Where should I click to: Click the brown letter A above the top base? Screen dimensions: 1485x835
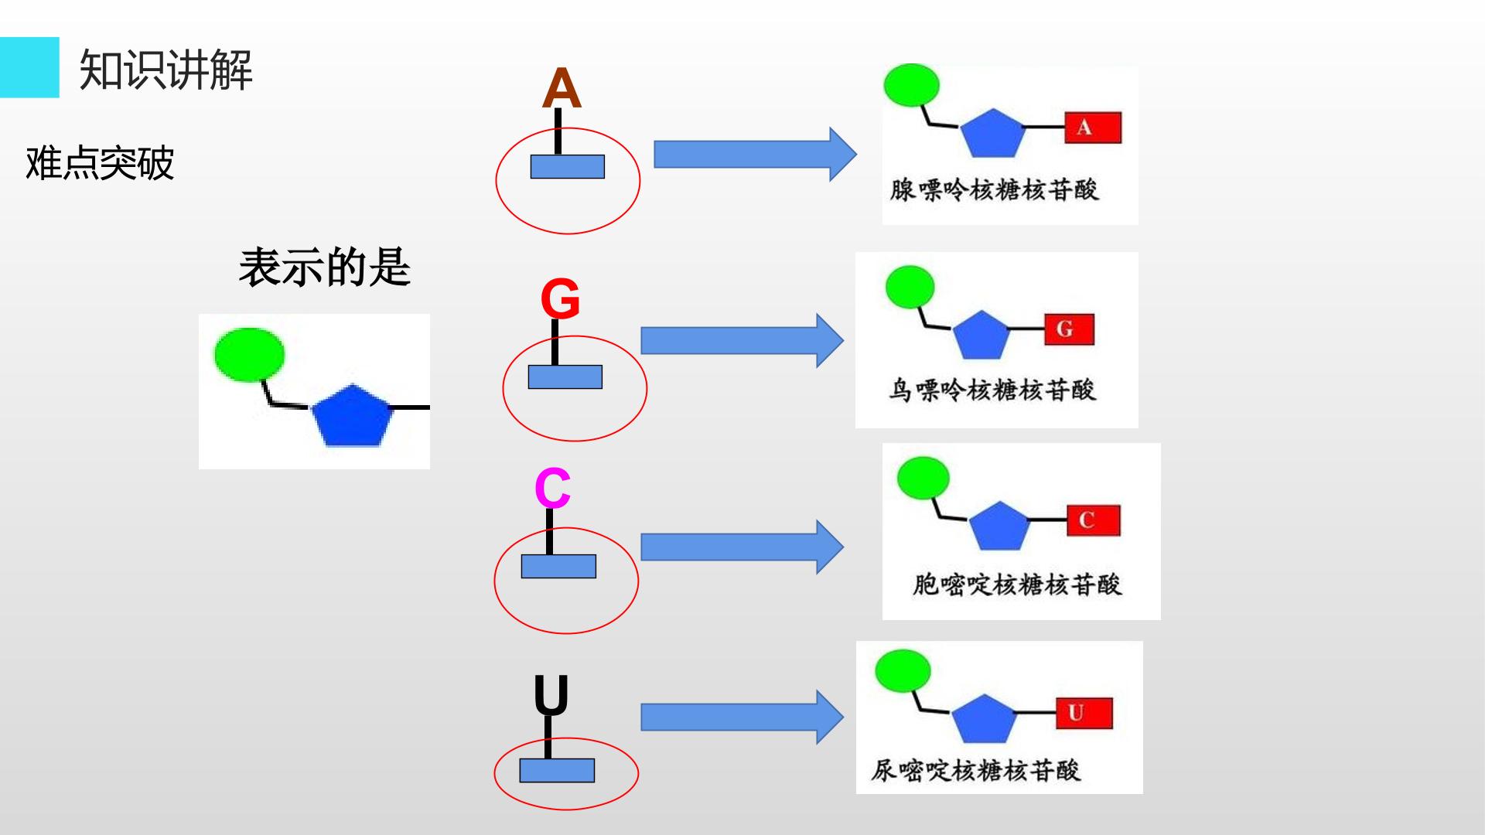click(562, 88)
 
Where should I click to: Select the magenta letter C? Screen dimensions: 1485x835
click(552, 489)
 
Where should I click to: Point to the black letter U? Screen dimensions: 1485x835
click(551, 695)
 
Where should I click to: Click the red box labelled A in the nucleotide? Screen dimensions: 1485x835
click(1093, 128)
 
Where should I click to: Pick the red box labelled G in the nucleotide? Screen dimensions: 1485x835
click(1069, 329)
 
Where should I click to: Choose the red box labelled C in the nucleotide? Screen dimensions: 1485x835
click(1094, 520)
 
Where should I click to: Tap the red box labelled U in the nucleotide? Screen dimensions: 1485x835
click(1084, 713)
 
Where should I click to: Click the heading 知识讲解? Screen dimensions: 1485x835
click(166, 70)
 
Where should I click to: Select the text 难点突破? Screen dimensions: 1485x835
click(100, 162)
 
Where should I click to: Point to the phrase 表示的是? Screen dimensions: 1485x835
click(324, 268)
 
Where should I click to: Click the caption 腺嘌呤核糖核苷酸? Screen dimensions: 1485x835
click(995, 189)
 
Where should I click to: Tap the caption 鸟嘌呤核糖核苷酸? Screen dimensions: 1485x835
click(992, 389)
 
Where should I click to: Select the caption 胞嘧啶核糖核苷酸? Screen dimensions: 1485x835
click(1017, 584)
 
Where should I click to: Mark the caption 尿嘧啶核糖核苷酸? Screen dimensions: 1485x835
click(976, 770)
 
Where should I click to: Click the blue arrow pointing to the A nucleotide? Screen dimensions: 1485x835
click(756, 155)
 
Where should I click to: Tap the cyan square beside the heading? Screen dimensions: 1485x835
click(29, 67)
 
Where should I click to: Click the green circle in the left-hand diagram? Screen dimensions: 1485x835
click(249, 355)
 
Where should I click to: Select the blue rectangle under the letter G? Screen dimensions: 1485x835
click(565, 377)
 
